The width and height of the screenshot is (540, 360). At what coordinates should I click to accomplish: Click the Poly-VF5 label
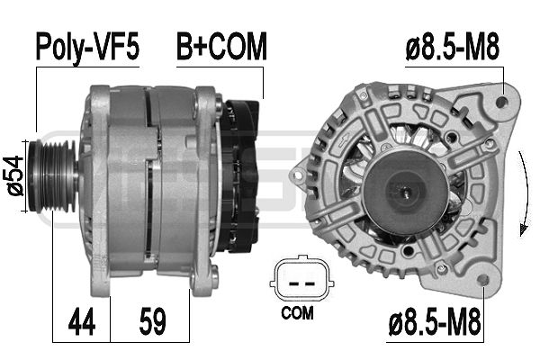click(87, 48)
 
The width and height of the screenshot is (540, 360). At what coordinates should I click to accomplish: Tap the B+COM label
click(221, 48)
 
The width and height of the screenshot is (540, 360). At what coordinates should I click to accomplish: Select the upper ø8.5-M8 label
click(453, 48)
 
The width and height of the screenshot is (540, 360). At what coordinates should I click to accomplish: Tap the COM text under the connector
click(296, 314)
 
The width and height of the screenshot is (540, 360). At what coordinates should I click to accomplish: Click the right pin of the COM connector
click(306, 280)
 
